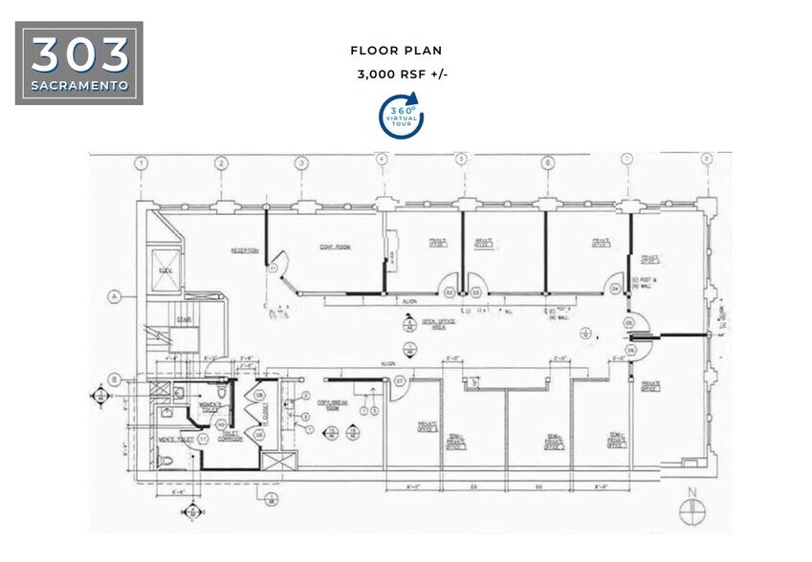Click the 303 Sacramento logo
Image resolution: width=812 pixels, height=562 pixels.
click(79, 63)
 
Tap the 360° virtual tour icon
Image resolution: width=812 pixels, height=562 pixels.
click(402, 116)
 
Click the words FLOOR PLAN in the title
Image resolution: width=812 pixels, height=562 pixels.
click(396, 50)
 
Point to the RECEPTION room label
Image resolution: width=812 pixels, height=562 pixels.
click(244, 250)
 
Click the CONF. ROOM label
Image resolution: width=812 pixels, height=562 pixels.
click(335, 247)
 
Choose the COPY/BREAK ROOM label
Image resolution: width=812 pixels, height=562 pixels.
click(330, 404)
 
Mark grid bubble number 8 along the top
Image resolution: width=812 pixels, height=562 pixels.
click(707, 160)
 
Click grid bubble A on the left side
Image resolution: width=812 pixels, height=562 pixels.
click(114, 295)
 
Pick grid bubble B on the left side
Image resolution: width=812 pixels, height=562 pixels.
click(114, 379)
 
